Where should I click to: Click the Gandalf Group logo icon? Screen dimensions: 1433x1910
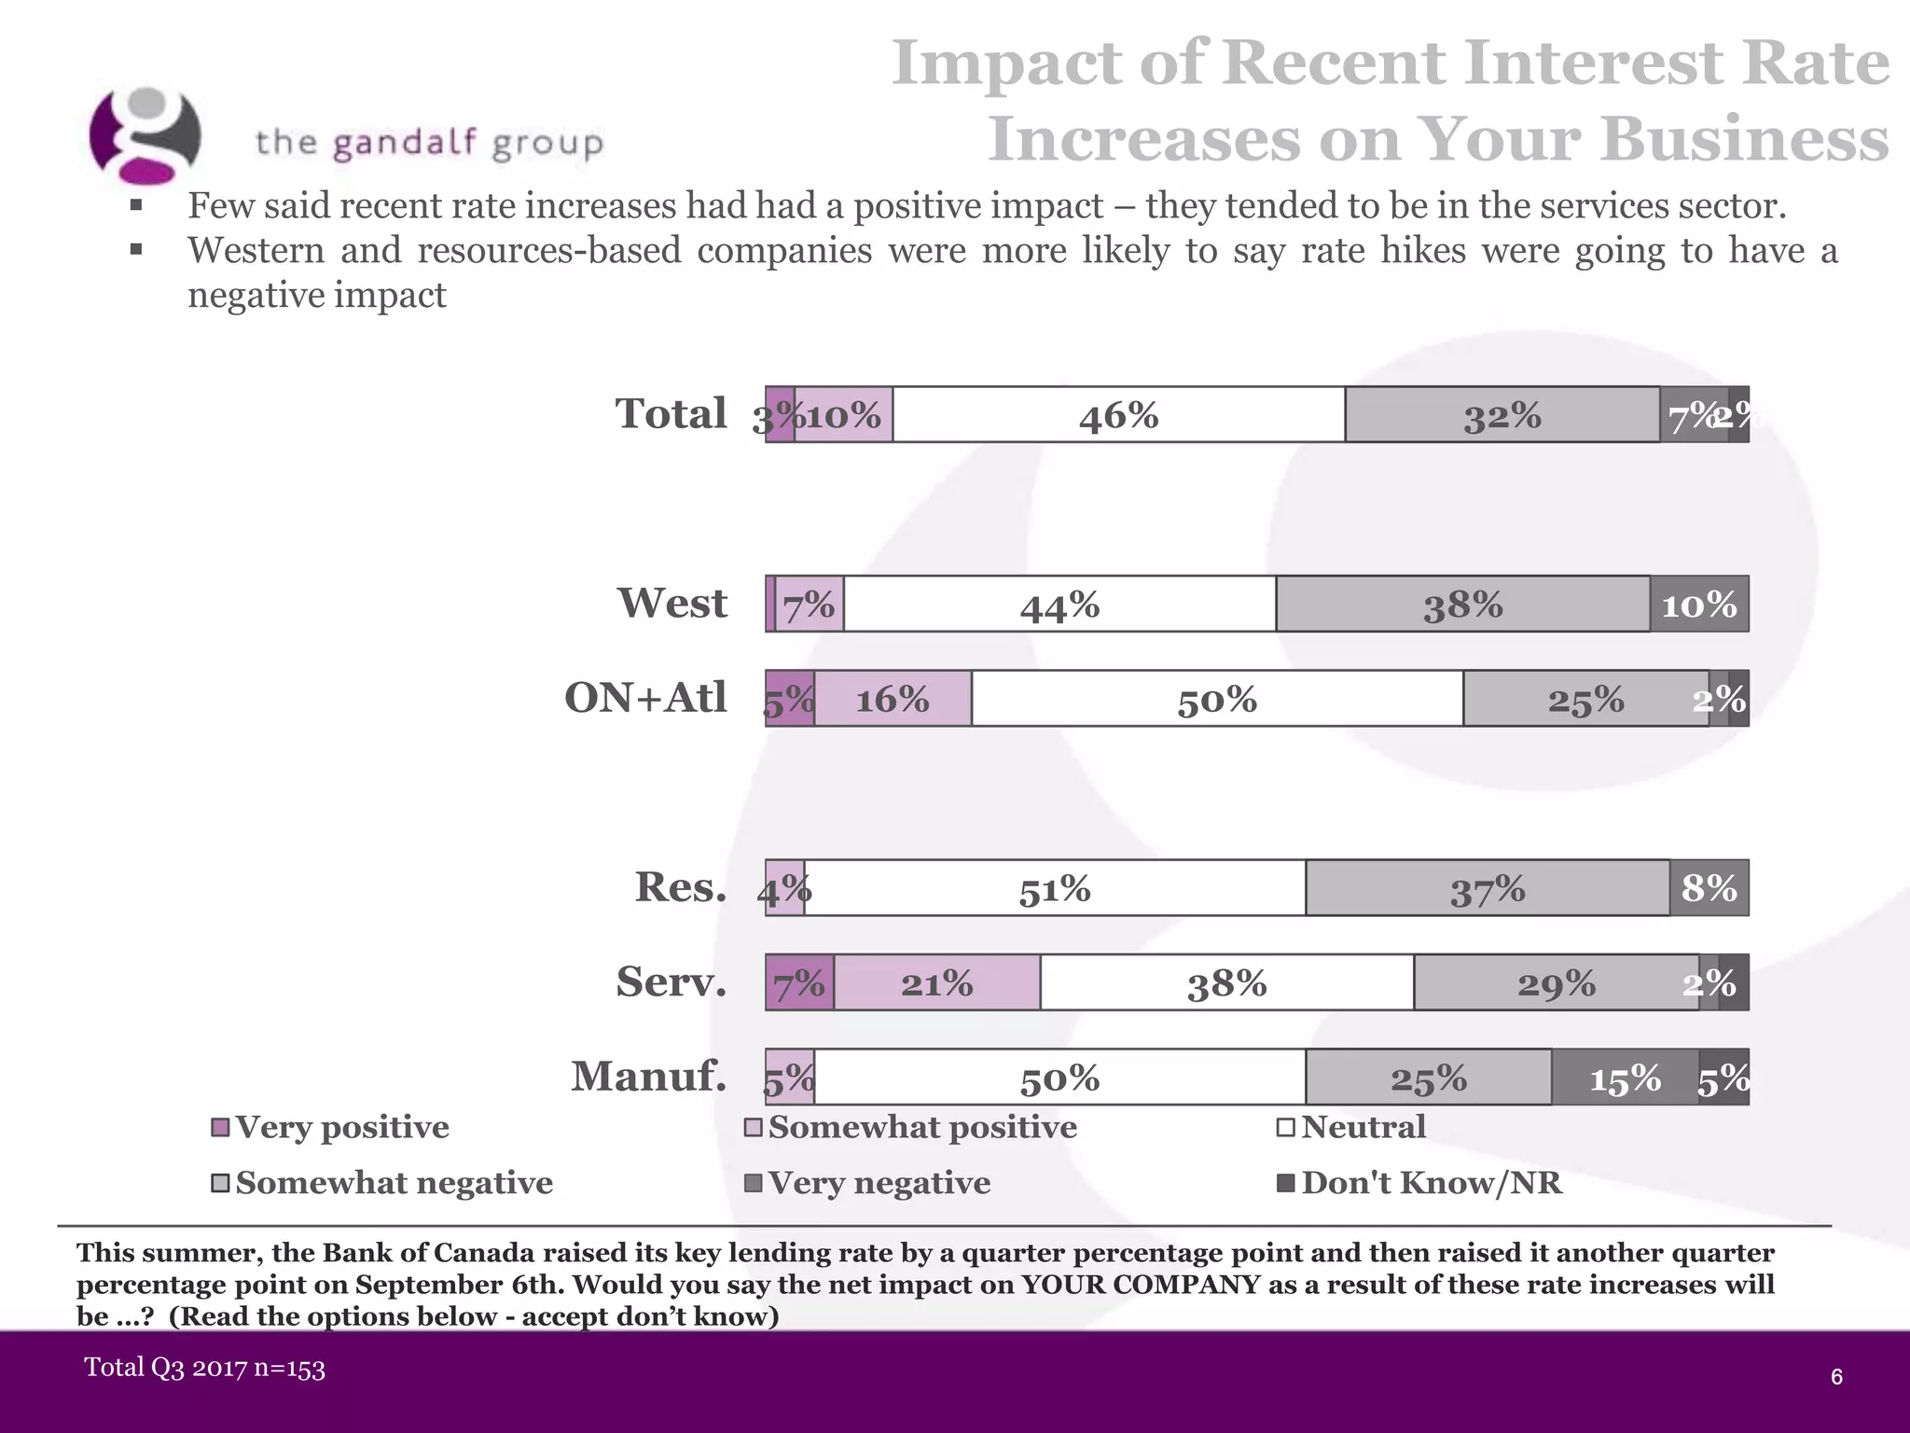(x=145, y=136)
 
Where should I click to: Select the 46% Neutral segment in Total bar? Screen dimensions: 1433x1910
(x=1118, y=415)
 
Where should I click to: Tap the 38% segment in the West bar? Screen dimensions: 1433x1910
(x=1462, y=605)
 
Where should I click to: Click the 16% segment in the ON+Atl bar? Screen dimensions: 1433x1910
(x=893, y=699)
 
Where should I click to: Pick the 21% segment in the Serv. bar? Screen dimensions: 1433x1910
(x=936, y=982)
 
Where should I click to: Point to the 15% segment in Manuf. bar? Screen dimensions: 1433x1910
(x=1625, y=1078)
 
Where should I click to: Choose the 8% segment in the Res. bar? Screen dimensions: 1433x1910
(x=1709, y=888)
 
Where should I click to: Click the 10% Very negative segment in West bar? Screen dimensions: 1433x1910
(x=1698, y=605)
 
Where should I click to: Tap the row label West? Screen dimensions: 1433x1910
(x=671, y=603)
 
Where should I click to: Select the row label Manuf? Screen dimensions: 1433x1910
(x=648, y=1076)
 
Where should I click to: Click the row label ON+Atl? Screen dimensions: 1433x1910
(x=645, y=697)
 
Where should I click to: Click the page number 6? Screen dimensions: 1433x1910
(x=1836, y=1377)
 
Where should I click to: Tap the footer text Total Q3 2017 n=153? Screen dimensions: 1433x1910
(x=204, y=1368)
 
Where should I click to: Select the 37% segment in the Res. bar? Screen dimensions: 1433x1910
(x=1487, y=888)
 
